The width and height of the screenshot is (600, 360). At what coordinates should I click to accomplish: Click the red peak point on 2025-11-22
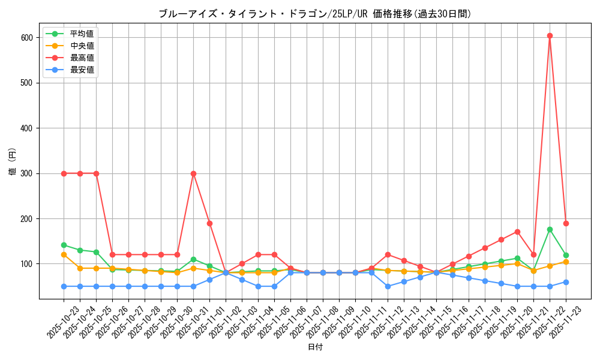(x=550, y=35)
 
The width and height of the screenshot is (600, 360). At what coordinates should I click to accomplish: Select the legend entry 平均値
(x=82, y=34)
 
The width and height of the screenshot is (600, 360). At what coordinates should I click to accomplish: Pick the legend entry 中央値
(x=82, y=46)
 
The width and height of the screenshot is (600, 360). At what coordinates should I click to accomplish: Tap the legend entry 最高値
(x=82, y=58)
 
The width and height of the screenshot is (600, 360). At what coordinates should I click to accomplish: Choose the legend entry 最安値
(x=82, y=70)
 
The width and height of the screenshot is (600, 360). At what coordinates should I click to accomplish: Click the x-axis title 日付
(x=315, y=347)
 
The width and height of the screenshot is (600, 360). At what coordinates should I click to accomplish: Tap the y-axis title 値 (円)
(x=12, y=163)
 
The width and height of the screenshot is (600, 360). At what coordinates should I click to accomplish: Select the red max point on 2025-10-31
(x=193, y=173)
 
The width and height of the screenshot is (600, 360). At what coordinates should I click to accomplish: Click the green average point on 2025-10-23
(x=64, y=245)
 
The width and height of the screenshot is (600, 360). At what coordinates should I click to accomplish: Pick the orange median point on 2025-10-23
(x=64, y=254)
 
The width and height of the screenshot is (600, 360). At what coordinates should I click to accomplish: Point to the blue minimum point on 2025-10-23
(x=64, y=286)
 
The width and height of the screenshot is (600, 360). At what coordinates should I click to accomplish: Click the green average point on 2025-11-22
(x=550, y=229)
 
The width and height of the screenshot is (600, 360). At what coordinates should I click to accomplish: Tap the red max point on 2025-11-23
(x=566, y=223)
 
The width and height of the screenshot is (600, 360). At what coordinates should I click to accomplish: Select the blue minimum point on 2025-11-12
(x=388, y=286)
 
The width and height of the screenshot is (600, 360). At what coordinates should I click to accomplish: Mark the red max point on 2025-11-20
(x=517, y=232)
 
